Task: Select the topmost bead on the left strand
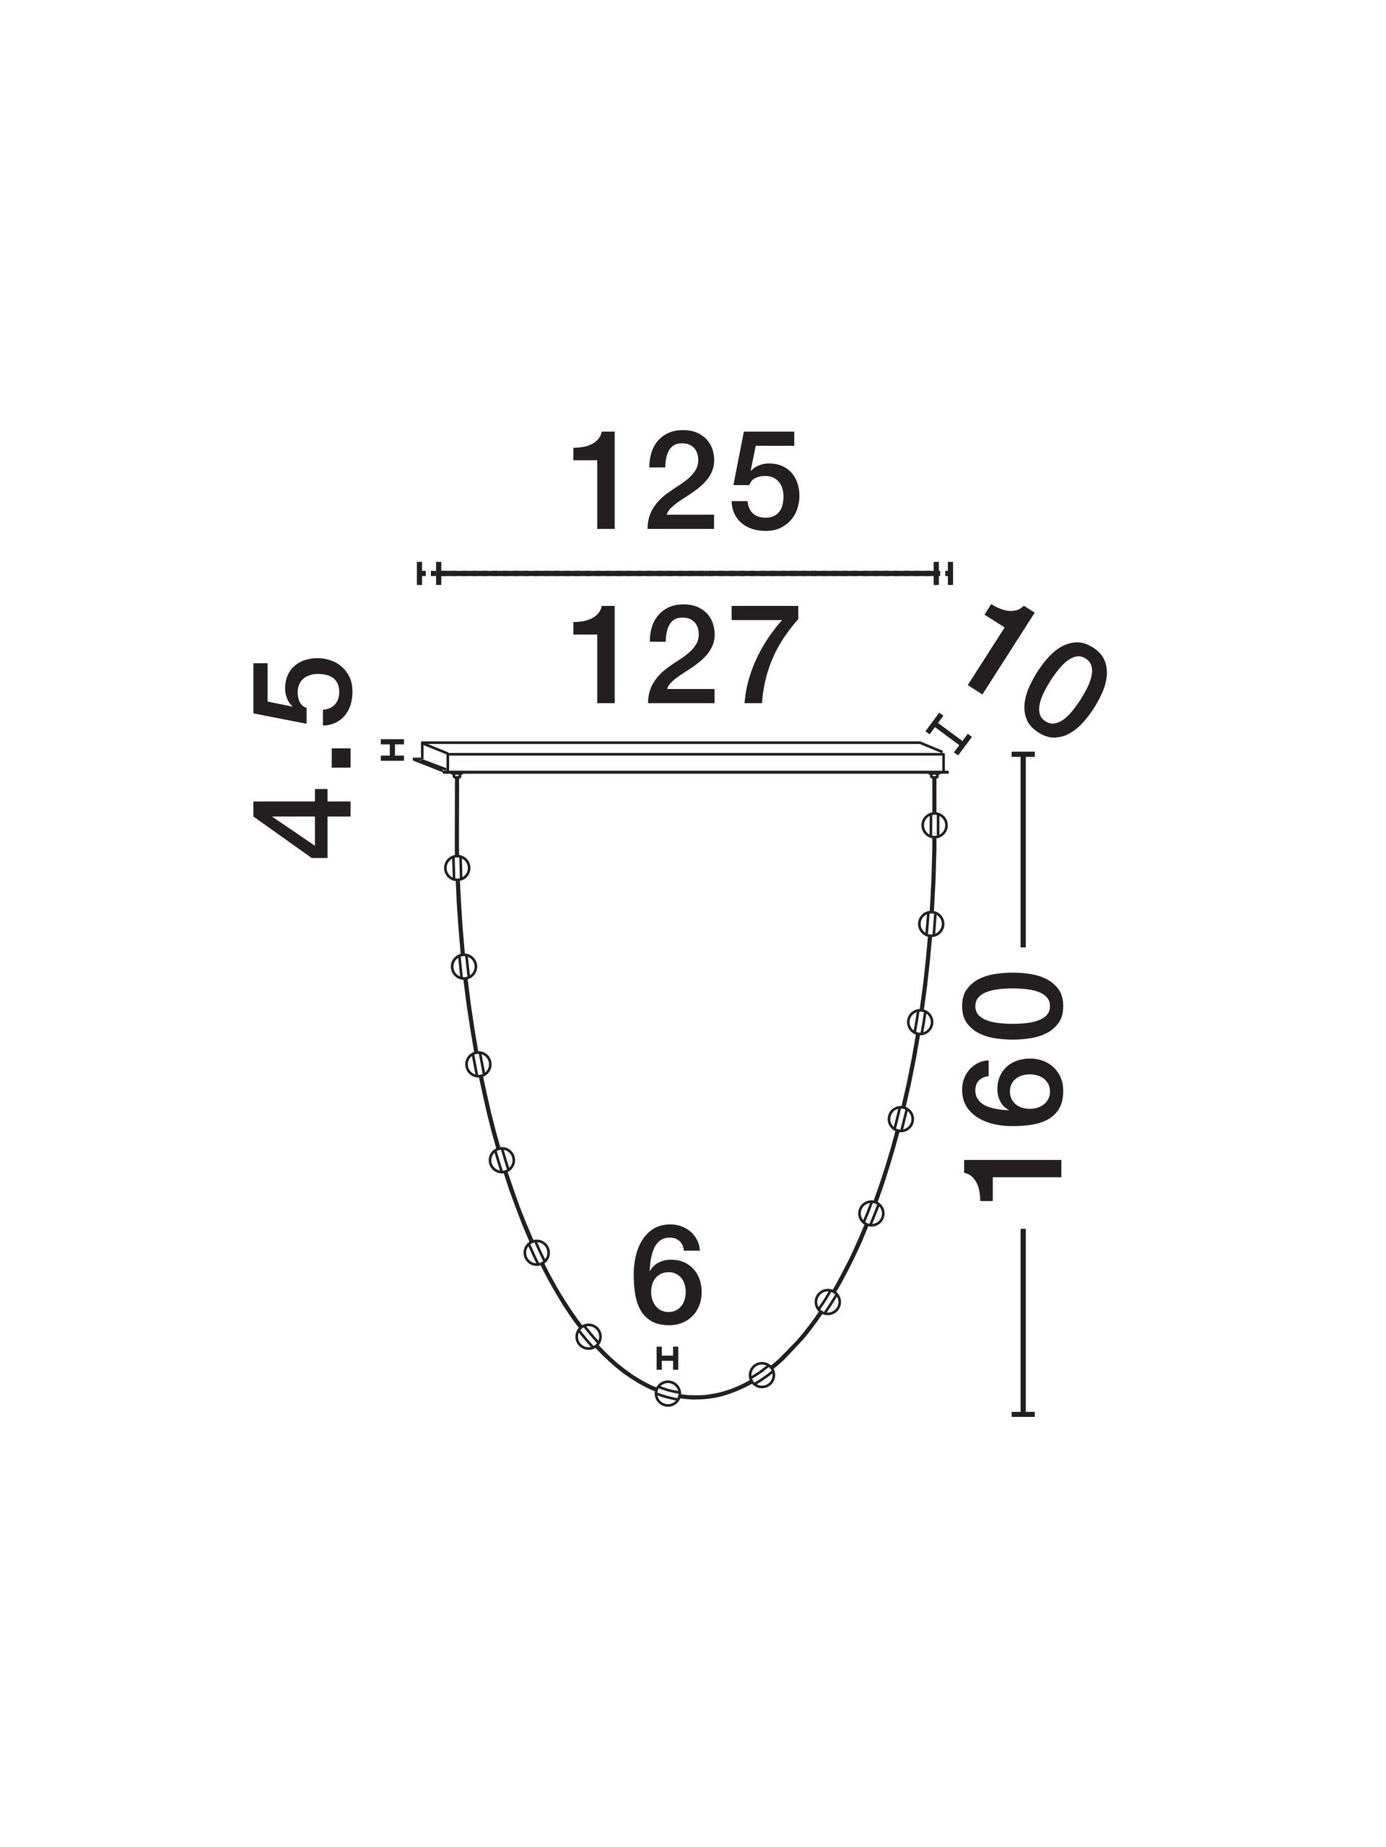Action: (457, 867)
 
